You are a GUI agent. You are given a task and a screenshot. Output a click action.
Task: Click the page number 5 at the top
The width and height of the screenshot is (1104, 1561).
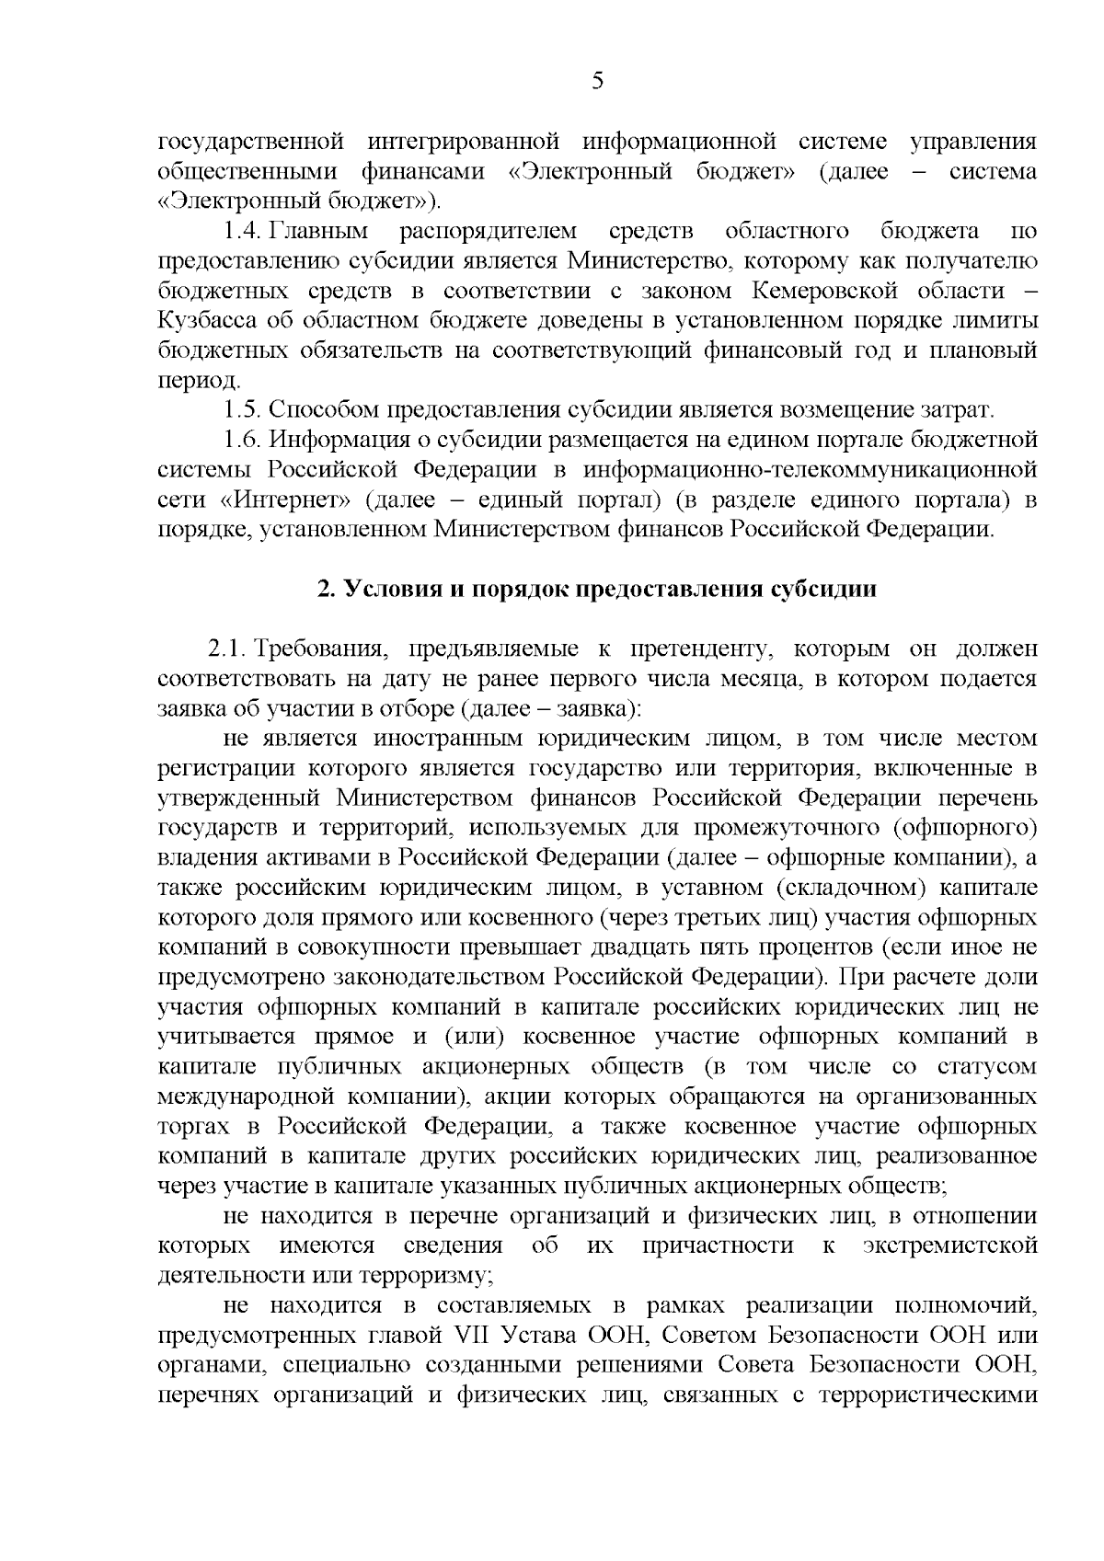tap(597, 82)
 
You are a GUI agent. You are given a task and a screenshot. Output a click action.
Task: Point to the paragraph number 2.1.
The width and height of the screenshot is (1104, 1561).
tap(226, 649)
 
